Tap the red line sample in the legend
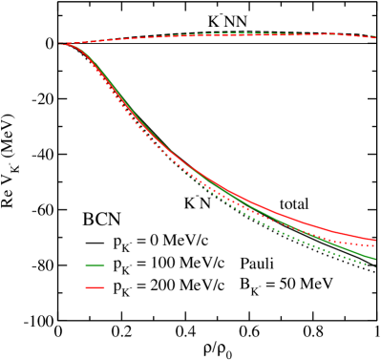point(95,285)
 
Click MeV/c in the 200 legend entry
point(199,285)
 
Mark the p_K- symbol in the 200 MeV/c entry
point(118,286)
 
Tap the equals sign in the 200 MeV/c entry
point(139,285)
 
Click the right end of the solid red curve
point(375,239)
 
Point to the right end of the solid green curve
point(375,258)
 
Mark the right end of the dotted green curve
point(369,265)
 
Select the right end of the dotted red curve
point(375,246)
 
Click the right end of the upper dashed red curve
point(375,37)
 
